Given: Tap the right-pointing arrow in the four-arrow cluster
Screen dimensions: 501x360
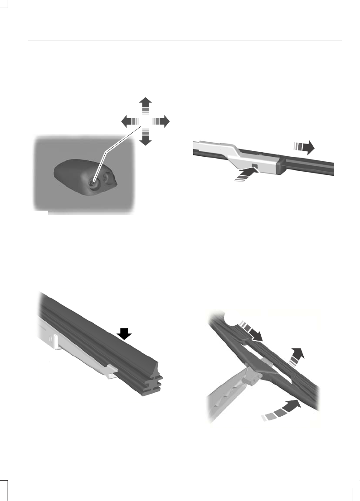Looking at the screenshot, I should (x=161, y=121).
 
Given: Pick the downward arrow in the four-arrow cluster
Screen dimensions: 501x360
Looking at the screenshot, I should (x=145, y=137).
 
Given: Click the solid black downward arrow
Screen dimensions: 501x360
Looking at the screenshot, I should (x=124, y=334).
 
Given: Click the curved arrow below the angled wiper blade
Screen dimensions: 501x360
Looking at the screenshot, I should (x=283, y=410).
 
